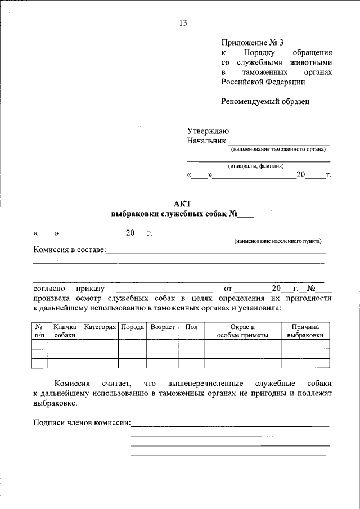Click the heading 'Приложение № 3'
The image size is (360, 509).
coord(249,42)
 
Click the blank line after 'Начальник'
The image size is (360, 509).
coord(278,141)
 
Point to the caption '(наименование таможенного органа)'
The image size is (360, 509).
coord(278,150)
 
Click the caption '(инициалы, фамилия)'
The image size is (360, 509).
coord(256,166)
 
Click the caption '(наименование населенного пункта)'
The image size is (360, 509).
coord(278,241)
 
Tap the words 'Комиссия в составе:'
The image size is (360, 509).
coord(69,250)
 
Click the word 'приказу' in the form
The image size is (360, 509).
coord(90,289)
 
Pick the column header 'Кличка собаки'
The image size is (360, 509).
coord(65,331)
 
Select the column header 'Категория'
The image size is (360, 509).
coord(100,327)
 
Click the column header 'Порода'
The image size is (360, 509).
coord(132,327)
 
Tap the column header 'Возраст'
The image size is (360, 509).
coord(163,327)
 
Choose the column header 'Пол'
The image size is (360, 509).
coord(191,327)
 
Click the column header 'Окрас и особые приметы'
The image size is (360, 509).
coord(242,331)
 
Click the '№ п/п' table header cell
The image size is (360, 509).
coord(39,331)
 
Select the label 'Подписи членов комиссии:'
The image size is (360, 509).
coord(82,422)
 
